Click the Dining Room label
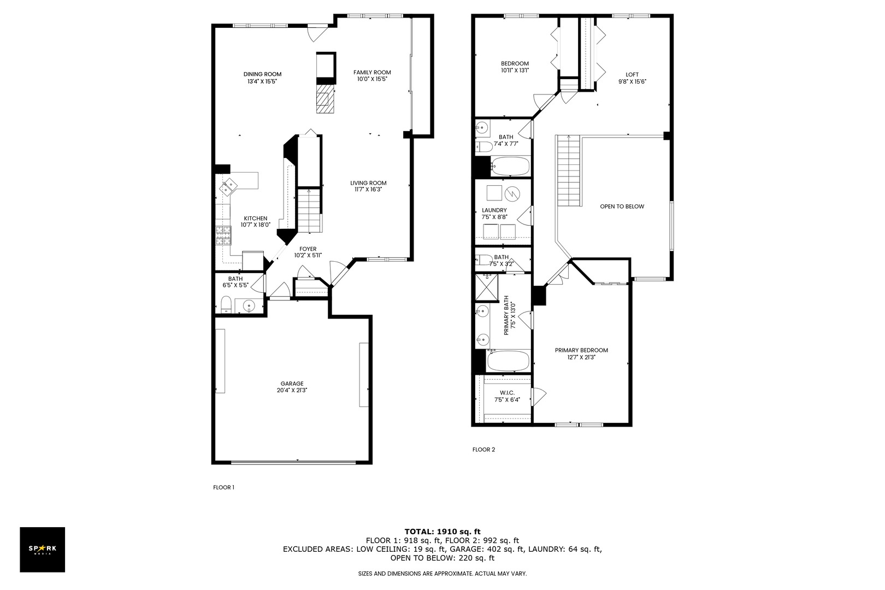point(262,74)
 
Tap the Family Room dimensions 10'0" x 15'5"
point(372,79)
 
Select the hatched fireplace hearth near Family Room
point(325,98)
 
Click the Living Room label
point(368,183)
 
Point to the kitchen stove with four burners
point(223,235)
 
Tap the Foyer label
point(308,249)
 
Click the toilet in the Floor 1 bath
point(226,304)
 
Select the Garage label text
point(292,383)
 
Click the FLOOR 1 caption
point(223,487)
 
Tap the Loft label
point(632,75)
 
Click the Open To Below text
point(622,206)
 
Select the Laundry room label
point(494,210)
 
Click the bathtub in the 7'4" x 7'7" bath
point(510,166)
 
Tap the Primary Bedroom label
point(581,350)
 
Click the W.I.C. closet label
point(507,393)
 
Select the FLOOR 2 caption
point(483,450)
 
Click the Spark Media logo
point(43,550)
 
